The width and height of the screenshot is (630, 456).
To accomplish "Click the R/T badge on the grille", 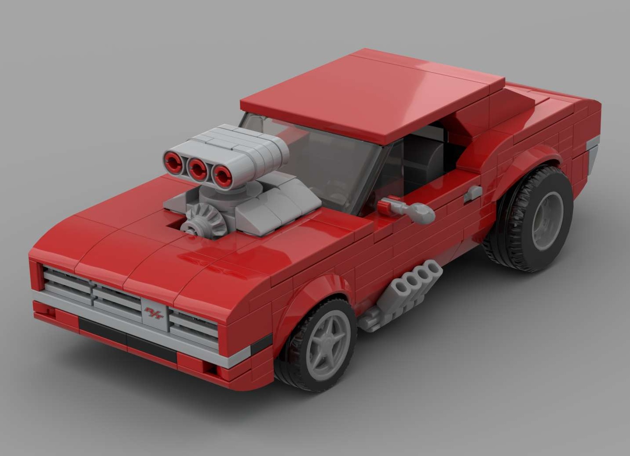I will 154,314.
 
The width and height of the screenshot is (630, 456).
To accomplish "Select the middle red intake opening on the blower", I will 197,169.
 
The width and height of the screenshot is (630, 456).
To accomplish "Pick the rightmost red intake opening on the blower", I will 222,176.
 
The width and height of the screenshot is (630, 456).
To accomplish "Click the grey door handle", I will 473,193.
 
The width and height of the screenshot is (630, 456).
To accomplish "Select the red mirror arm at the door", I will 389,205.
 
